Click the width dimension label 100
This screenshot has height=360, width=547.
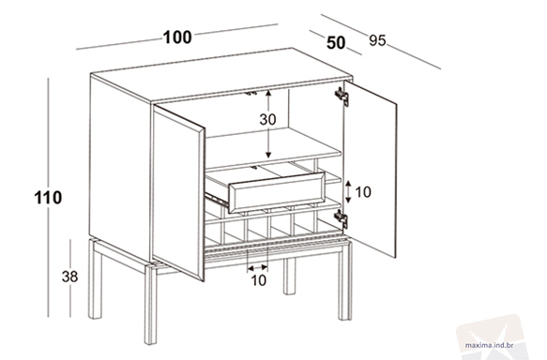click(177, 37)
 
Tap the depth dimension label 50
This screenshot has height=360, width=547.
click(336, 43)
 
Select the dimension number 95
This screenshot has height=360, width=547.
click(377, 40)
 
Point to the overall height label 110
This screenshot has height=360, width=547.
click(48, 198)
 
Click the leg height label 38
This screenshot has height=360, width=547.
click(69, 277)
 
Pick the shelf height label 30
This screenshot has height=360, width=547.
click(267, 120)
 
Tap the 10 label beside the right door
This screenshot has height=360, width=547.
click(363, 192)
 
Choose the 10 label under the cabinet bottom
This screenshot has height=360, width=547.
click(259, 280)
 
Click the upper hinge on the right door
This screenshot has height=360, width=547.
click(342, 97)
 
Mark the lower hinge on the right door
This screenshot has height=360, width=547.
click(341, 218)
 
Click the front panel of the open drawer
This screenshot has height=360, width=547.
click(277, 192)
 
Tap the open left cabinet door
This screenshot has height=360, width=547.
click(178, 193)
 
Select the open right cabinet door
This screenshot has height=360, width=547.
click(370, 169)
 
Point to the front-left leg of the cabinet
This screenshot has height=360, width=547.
click(150, 305)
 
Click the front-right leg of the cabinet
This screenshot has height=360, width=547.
click(344, 281)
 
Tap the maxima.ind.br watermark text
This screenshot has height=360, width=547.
click(489, 345)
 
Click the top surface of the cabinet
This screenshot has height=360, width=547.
click(221, 75)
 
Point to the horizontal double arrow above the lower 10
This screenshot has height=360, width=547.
click(257, 268)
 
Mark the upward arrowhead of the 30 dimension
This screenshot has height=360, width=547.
click(268, 93)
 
